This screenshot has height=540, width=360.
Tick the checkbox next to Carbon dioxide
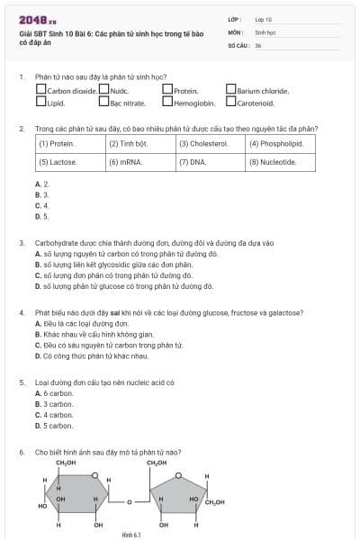(x=41, y=90)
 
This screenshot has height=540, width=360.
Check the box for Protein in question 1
(x=167, y=90)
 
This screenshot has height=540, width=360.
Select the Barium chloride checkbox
(x=231, y=90)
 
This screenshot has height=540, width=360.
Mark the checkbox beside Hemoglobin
(x=167, y=102)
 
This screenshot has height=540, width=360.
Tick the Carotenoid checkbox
(x=231, y=102)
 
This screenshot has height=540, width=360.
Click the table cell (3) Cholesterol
(x=211, y=143)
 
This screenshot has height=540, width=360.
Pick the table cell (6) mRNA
(x=140, y=162)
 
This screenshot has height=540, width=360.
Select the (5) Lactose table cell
(x=70, y=162)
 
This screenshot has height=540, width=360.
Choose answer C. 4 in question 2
(x=41, y=205)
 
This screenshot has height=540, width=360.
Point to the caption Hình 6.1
(x=131, y=535)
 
